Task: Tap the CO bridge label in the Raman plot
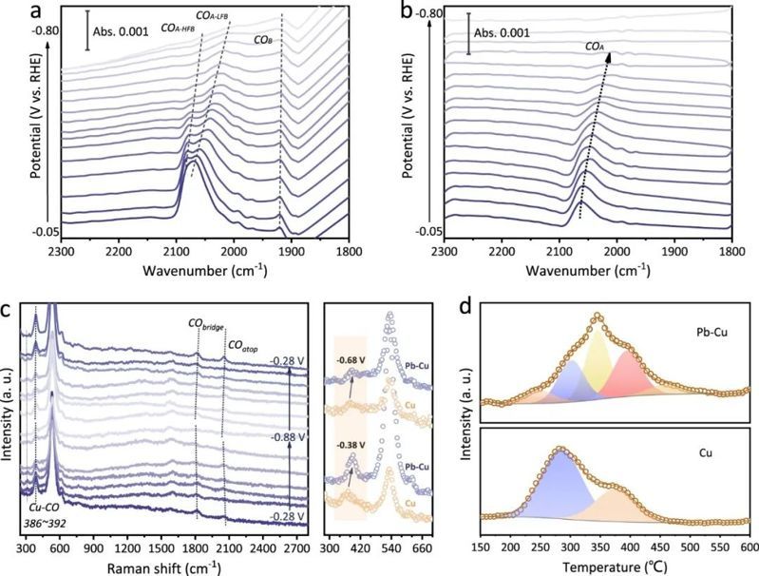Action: click(205, 327)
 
